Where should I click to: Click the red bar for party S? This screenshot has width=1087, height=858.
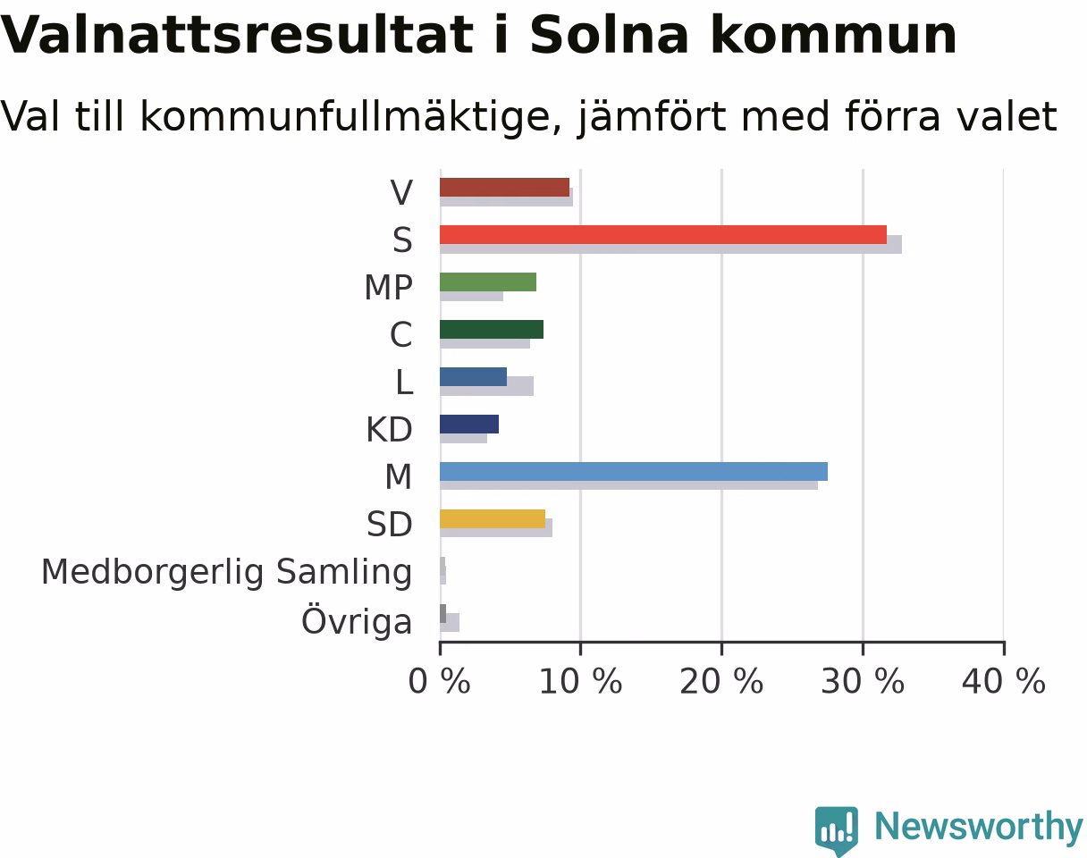click(x=662, y=235)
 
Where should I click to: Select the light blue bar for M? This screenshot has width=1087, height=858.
click(x=634, y=471)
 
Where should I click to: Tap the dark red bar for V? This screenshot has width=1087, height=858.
click(x=504, y=188)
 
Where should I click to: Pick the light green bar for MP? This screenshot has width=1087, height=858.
click(x=487, y=282)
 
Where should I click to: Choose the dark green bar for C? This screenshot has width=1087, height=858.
click(x=491, y=329)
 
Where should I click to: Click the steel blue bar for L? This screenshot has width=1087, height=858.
click(x=473, y=377)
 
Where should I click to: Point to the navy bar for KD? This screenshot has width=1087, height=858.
click(x=468, y=425)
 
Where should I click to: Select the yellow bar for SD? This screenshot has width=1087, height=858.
click(x=492, y=518)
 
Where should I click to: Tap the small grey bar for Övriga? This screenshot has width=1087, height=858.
click(x=442, y=614)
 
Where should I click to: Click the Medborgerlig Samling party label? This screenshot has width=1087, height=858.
click(x=226, y=573)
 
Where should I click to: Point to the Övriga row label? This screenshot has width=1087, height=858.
click(x=357, y=619)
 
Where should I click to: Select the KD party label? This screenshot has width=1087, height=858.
click(x=389, y=430)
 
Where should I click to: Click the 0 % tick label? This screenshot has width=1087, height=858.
click(x=439, y=681)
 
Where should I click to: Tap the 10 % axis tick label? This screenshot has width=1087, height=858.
click(x=580, y=681)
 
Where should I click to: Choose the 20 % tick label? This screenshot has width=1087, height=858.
click(x=721, y=681)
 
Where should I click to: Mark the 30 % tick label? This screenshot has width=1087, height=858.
click(x=863, y=681)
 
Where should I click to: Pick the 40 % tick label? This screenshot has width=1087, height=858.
click(x=1003, y=681)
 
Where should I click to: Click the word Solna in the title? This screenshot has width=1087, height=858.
click(x=609, y=34)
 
